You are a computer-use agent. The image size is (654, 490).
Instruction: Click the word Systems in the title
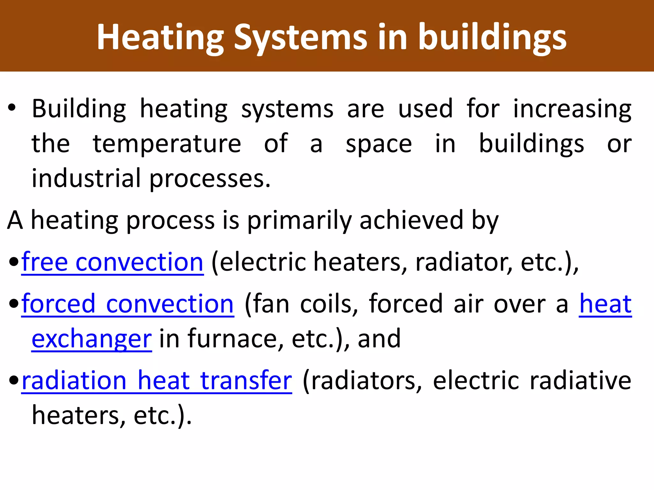coord(300,38)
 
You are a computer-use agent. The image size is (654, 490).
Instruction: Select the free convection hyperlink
coord(112,262)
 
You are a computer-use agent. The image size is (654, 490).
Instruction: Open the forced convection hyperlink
coord(128,304)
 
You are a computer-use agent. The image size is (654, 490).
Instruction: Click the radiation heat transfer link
coord(157,380)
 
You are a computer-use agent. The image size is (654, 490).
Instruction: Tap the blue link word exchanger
coord(92,339)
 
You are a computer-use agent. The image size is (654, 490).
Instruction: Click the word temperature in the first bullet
coord(167,144)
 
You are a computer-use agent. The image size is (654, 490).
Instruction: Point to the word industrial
coord(86,178)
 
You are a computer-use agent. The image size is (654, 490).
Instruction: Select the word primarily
coord(299,220)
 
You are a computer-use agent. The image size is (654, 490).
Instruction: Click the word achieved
coord(411,220)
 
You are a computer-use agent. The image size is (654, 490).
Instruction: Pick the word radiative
coord(580,380)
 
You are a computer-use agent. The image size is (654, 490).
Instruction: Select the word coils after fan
coord(329,304)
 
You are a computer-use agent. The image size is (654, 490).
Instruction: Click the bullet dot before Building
coord(12,108)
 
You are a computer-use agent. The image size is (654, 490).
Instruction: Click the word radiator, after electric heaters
coord(464,262)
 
